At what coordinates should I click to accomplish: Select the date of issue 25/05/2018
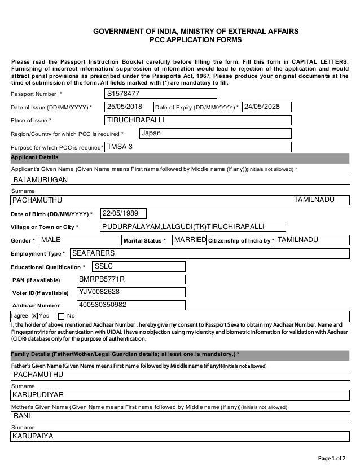point(129,107)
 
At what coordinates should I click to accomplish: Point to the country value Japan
point(215,133)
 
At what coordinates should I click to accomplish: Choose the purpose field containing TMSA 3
point(198,147)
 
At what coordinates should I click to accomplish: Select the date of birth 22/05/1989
point(123,213)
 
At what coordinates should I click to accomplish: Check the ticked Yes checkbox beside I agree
point(34,315)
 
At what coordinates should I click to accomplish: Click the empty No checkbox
point(62,315)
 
